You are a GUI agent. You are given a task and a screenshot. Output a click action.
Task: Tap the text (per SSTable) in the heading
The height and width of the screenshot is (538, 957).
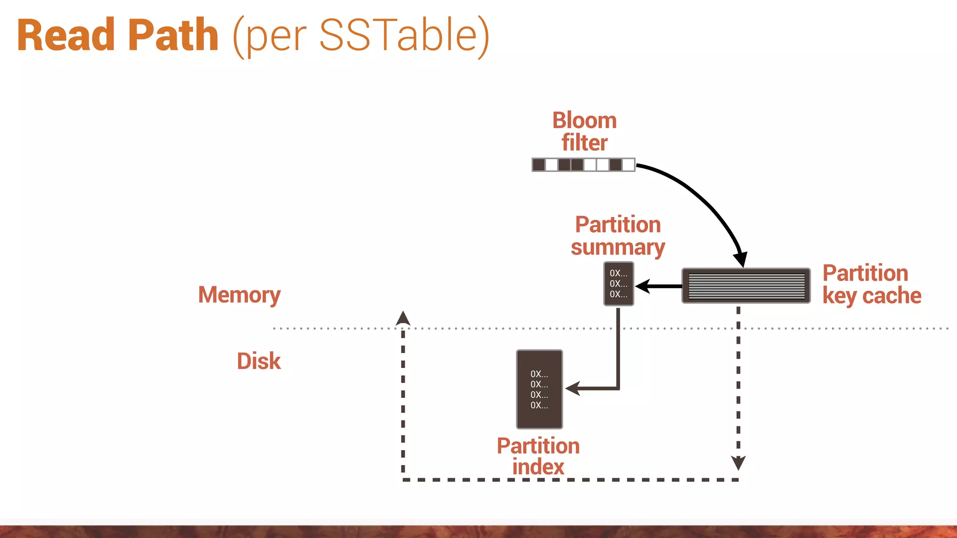coord(361,36)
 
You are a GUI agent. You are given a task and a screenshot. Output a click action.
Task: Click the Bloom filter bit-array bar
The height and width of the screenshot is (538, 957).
coord(583,165)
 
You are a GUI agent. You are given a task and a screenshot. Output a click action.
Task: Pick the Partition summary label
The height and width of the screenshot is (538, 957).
coord(618,236)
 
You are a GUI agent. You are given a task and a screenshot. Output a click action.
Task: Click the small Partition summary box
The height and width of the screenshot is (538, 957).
coord(618,284)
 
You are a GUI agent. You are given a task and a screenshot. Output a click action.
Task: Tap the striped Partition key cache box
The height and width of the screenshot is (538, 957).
coord(746,286)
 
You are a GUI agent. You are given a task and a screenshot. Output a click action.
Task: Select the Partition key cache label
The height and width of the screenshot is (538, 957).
coord(871,284)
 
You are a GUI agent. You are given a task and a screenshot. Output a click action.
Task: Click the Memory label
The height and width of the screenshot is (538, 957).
coord(239,295)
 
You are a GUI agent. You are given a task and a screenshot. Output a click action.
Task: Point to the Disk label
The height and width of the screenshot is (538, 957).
coord(258,361)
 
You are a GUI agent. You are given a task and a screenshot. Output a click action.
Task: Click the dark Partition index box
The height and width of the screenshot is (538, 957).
coord(539,389)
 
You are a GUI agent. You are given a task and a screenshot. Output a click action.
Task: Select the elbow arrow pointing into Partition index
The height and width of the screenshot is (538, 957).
coord(618,364)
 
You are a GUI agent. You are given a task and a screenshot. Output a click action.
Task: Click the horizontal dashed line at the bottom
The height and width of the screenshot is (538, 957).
coord(570,480)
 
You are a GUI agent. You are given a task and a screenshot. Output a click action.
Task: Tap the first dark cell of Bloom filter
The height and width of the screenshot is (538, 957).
coord(539,165)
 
